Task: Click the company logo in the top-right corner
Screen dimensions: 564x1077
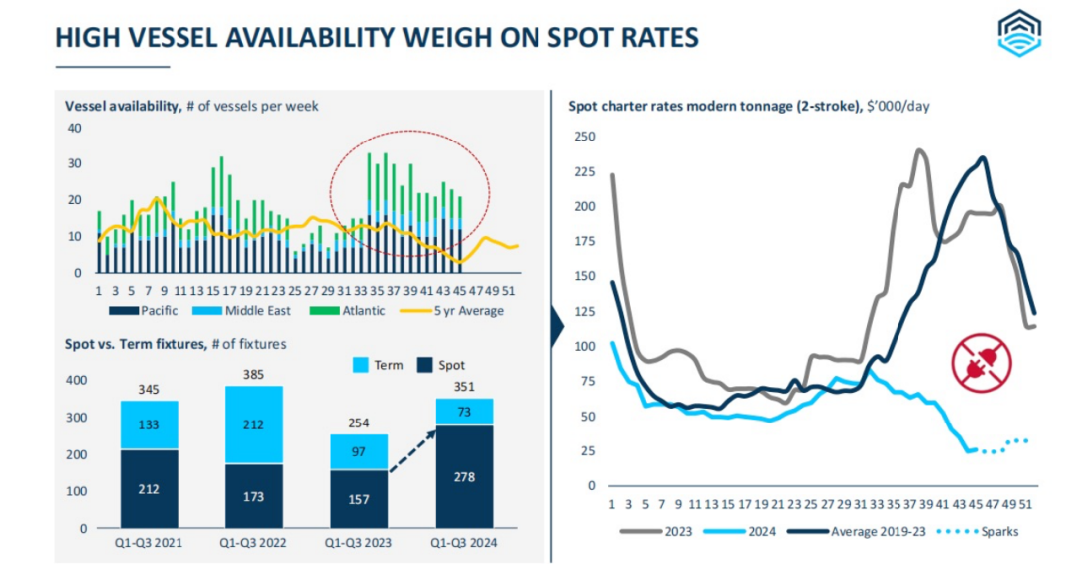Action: click(x=1023, y=34)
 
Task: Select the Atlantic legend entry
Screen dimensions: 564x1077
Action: click(x=359, y=310)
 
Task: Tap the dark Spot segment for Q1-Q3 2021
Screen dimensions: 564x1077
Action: click(x=150, y=488)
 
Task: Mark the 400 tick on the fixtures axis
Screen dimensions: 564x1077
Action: click(x=76, y=381)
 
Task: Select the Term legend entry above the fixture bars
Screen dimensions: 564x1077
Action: click(x=378, y=365)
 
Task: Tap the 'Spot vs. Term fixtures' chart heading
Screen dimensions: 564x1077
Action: click(x=176, y=344)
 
